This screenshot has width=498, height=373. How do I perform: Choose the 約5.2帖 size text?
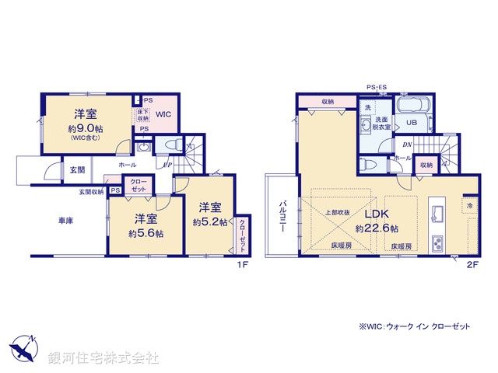[210, 222]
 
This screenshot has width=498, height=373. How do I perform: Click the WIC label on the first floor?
[164, 115]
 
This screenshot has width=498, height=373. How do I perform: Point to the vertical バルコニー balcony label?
[283, 215]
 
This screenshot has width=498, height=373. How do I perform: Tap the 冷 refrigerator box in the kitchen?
[470, 205]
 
